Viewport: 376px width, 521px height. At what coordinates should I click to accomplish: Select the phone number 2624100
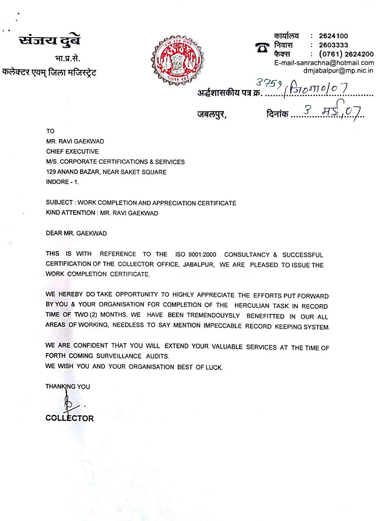click(333, 36)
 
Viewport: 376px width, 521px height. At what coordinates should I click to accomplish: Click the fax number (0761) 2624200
click(346, 54)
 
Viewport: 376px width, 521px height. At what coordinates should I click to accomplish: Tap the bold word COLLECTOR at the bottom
click(70, 418)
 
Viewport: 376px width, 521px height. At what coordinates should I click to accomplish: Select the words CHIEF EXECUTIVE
click(72, 151)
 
